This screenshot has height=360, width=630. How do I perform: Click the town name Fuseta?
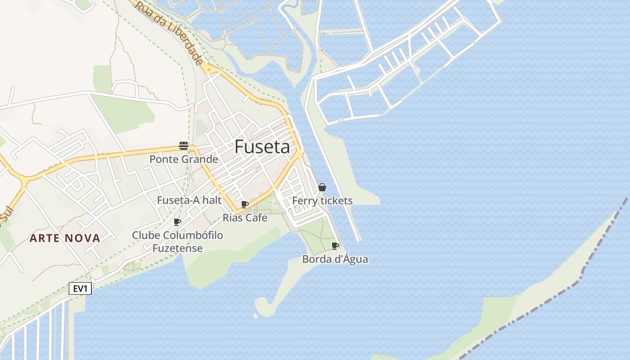[x=262, y=147]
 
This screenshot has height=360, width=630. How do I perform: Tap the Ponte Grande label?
[x=184, y=159]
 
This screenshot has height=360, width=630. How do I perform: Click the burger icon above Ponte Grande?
[x=183, y=145]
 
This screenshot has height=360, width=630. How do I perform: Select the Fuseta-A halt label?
[x=189, y=200]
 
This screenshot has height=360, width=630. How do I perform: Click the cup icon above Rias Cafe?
[x=245, y=205]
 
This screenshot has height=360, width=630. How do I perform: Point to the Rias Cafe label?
[x=245, y=218]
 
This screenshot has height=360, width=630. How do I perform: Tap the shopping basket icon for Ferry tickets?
[x=322, y=187]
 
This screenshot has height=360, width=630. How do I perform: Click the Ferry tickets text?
[x=322, y=201]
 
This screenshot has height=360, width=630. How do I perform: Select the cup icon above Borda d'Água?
[x=335, y=246]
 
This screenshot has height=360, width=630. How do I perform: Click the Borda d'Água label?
[x=335, y=259]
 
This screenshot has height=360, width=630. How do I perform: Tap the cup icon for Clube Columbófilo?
[x=177, y=222]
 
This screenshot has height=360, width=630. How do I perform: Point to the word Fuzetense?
[x=177, y=248]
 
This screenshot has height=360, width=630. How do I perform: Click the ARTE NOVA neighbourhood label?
[x=65, y=238]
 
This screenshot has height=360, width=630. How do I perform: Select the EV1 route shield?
[x=80, y=288]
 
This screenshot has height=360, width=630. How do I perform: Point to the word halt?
[x=212, y=200]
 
